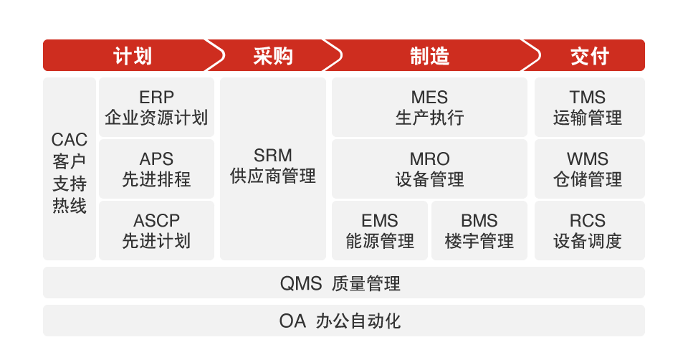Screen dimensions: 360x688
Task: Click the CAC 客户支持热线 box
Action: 70,169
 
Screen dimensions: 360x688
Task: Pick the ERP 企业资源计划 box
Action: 156,108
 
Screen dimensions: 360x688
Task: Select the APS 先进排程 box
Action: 156,169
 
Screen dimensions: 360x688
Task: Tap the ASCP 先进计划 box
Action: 156,230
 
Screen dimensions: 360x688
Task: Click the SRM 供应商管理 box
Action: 273,169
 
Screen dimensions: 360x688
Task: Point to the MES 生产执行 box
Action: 429,108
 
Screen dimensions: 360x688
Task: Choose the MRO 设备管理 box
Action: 429,169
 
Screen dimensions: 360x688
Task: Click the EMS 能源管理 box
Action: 380,230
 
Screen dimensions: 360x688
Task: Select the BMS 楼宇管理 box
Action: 479,230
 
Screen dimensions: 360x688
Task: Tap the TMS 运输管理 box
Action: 588,108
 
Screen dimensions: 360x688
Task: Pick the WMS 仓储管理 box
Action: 588,169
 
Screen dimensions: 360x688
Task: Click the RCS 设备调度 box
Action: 588,230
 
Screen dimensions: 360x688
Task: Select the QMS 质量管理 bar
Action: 343,283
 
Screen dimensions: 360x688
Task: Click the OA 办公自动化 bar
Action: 343,321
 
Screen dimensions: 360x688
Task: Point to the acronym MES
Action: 429,98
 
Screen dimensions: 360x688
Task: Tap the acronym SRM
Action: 273,156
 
